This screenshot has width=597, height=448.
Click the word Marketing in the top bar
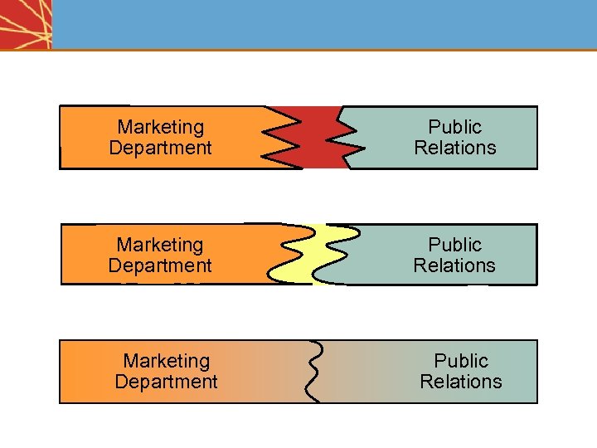(160, 127)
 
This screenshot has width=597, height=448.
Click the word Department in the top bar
(160, 148)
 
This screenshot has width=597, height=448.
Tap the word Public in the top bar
(454, 127)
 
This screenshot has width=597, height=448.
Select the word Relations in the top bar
(454, 148)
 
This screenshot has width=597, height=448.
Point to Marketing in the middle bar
(160, 245)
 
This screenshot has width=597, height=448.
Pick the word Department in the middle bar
(160, 265)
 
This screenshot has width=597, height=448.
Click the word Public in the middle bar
(454, 245)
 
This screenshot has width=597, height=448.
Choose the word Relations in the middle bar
(454, 265)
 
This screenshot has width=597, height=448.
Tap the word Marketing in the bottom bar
(166, 361)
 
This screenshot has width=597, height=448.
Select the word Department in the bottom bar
(166, 382)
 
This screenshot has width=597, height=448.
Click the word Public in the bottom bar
(461, 361)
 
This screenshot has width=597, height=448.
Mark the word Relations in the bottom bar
(461, 382)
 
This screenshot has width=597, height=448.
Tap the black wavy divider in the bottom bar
(313, 371)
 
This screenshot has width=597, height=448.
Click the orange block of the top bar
(83, 138)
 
